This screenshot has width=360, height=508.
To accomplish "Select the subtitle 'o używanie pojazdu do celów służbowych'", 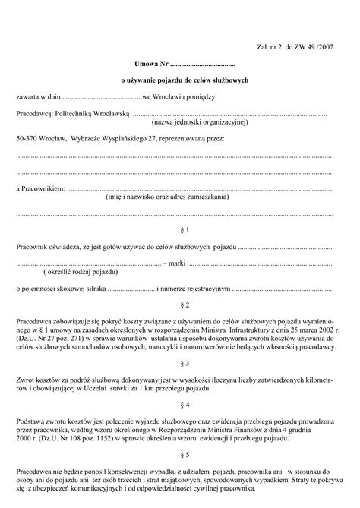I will (179, 80).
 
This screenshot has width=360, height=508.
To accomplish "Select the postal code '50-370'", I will (26, 140).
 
